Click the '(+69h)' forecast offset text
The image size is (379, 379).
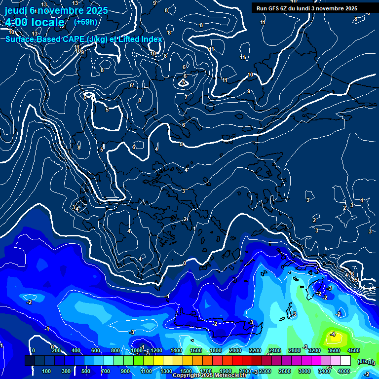click(x=85, y=22)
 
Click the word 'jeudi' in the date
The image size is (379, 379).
click(x=15, y=10)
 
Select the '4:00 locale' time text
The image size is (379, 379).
click(x=35, y=22)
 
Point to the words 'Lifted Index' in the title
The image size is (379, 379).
click(x=142, y=39)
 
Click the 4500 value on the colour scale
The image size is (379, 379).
click(x=354, y=350)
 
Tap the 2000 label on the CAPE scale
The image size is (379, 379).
click(x=235, y=350)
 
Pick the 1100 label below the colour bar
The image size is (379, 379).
click(x=146, y=371)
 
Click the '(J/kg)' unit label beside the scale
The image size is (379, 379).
click(x=365, y=362)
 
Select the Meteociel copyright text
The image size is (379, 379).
click(x=210, y=376)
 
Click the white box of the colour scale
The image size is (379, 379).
click(x=345, y=361)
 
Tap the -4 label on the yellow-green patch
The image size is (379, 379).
click(x=333, y=334)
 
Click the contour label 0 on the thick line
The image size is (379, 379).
click(x=184, y=263)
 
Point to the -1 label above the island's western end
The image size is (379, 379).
click(x=168, y=297)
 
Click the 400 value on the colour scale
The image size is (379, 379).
click(x=76, y=350)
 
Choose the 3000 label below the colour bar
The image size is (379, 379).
click(x=304, y=371)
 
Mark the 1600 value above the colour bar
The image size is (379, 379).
click(x=196, y=350)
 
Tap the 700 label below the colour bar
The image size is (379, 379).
click(x=106, y=371)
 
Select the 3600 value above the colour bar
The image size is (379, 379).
click(x=334, y=350)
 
